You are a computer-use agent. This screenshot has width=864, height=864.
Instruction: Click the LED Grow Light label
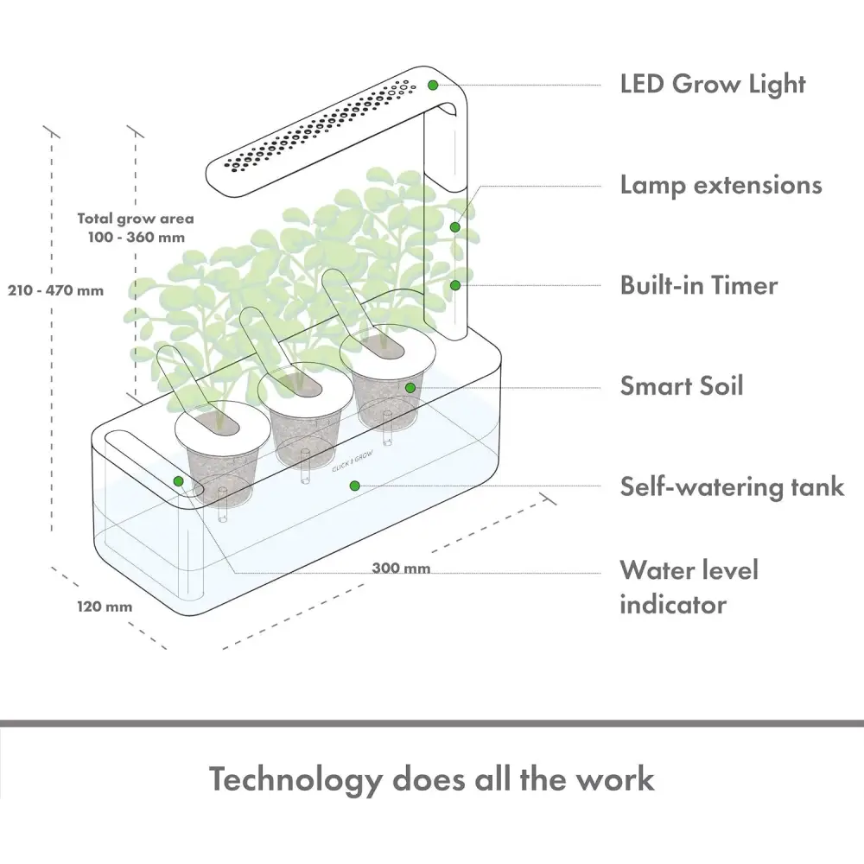pyautogui.click(x=713, y=85)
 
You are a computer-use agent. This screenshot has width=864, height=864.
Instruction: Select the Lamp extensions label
pyautogui.click(x=721, y=185)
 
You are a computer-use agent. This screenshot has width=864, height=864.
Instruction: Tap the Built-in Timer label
pyautogui.click(x=699, y=285)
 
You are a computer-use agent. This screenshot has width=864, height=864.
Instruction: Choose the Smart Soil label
pyautogui.click(x=682, y=385)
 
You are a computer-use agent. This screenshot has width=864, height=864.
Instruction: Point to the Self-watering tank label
pyautogui.click(x=732, y=486)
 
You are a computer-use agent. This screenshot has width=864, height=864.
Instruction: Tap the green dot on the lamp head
pyautogui.click(x=433, y=85)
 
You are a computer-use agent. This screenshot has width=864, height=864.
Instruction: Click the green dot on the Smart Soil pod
pyautogui.click(x=411, y=388)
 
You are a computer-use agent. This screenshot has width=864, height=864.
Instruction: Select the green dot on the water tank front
pyautogui.click(x=354, y=486)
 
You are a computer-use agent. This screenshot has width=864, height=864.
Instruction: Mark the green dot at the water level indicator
pyautogui.click(x=179, y=481)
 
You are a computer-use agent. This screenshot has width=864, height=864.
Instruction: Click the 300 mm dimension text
pyautogui.click(x=401, y=569)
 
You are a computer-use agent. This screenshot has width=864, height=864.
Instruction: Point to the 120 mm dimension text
pyautogui.click(x=105, y=607)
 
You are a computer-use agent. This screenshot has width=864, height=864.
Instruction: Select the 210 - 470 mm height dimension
pyautogui.click(x=56, y=290)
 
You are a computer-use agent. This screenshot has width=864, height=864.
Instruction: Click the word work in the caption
pyautogui.click(x=614, y=779)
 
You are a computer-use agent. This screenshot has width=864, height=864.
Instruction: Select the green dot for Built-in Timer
pyautogui.click(x=455, y=284)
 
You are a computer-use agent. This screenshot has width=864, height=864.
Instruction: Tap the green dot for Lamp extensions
pyautogui.click(x=455, y=227)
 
